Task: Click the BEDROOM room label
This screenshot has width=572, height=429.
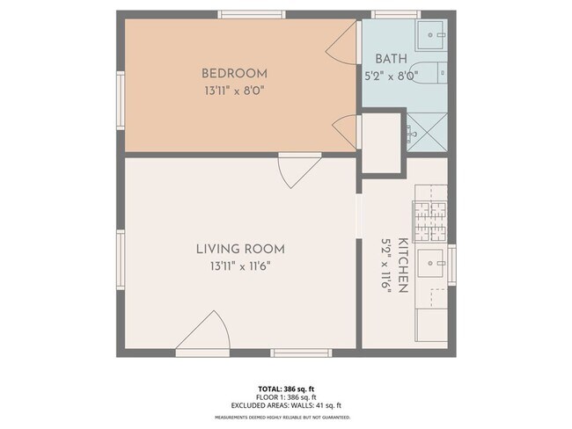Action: [234, 74]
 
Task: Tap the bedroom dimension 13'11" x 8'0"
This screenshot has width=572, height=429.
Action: [234, 89]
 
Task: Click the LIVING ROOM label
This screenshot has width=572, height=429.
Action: [240, 249]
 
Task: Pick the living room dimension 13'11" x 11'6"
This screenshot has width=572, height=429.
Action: [240, 265]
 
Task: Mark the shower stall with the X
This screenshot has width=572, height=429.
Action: [425, 133]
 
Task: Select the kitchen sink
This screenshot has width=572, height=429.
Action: [431, 261]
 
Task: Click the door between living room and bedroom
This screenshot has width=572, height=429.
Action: [299, 169]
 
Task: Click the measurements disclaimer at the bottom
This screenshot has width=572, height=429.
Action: [282, 417]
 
